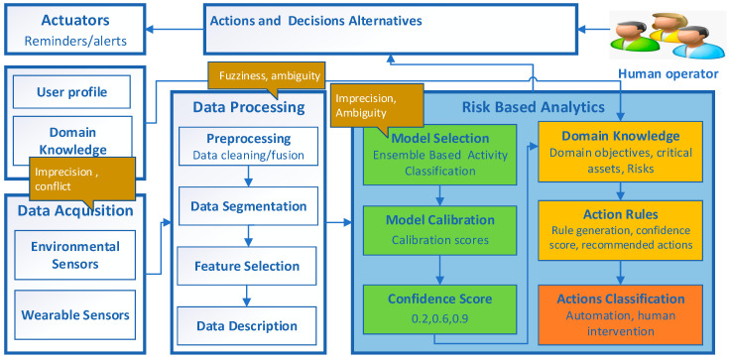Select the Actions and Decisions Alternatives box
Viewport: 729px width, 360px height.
[x=393, y=27]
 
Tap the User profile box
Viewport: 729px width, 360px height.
[x=75, y=93]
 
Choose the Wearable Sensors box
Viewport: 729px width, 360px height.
[x=75, y=314]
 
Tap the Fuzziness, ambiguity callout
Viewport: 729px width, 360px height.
[x=262, y=72]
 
